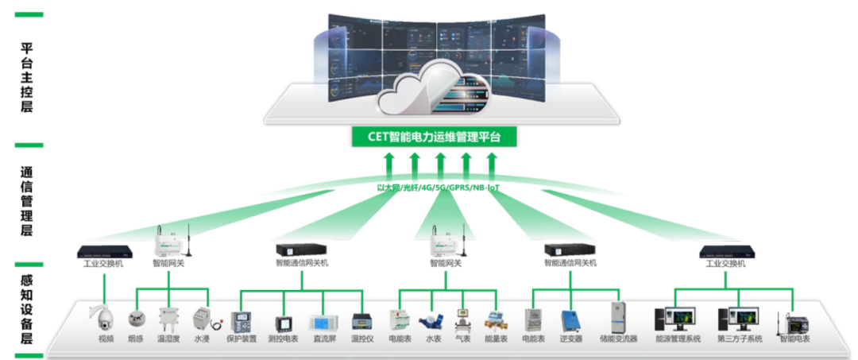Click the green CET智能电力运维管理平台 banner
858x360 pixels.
[434, 137]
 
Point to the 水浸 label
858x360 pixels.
[203, 339]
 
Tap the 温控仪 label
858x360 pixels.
[362, 339]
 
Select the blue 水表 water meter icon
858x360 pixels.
[432, 320]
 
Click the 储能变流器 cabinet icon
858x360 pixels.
[619, 317]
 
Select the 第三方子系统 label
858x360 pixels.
[739, 339]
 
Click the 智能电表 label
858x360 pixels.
[794, 339]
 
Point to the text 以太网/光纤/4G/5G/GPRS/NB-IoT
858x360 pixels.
[439, 188]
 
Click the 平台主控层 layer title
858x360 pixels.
[29, 79]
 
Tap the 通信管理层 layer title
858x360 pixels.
[29, 203]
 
